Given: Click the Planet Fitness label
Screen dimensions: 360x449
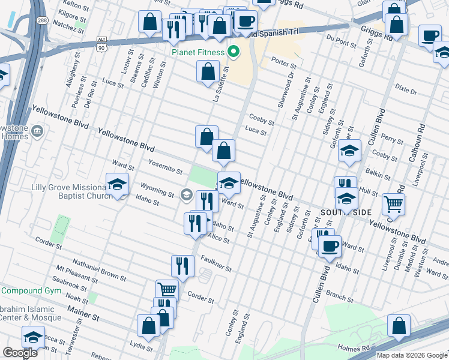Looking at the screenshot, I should [197, 52].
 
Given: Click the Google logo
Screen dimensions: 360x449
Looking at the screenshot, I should [20, 353].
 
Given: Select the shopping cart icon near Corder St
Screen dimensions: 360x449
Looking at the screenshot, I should [167, 290].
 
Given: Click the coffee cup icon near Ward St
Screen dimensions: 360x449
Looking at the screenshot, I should [329, 245].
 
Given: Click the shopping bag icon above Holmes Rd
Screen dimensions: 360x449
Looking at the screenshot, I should [399, 326].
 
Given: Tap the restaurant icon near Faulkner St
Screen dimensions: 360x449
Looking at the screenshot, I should [182, 265].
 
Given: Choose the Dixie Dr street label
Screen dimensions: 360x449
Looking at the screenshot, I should [406, 90].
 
